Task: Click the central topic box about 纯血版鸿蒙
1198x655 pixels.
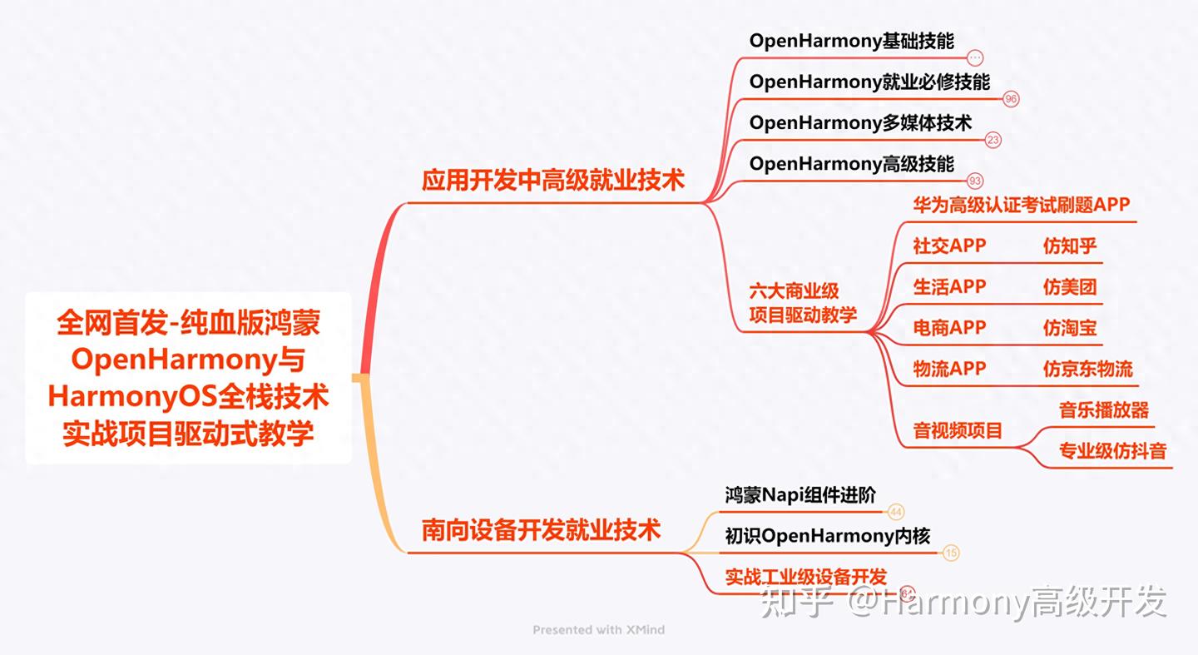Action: (188, 378)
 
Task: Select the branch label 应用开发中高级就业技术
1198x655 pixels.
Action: (553, 181)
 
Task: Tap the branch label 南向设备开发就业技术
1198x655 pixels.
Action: (541, 530)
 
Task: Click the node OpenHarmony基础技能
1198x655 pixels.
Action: (851, 41)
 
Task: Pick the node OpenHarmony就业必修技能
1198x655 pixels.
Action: (869, 82)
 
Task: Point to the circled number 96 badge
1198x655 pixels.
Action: (1011, 99)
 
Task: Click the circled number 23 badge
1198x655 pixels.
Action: (993, 140)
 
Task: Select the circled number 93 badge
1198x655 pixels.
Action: (975, 181)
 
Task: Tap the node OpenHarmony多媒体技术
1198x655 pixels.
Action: (860, 122)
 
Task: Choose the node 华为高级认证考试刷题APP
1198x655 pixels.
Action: (1022, 204)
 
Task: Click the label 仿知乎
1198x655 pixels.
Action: (1070, 246)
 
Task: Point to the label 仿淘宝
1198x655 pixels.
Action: (1070, 328)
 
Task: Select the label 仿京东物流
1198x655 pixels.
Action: (1087, 369)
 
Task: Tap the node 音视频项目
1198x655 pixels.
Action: (958, 430)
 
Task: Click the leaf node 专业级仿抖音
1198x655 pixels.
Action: (1112, 451)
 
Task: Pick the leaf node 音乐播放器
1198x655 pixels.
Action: (1103, 409)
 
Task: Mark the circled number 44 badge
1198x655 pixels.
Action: (896, 513)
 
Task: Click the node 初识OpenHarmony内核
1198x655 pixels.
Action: (827, 536)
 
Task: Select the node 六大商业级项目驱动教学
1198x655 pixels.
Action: (803, 303)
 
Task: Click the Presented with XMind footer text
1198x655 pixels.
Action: (598, 630)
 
